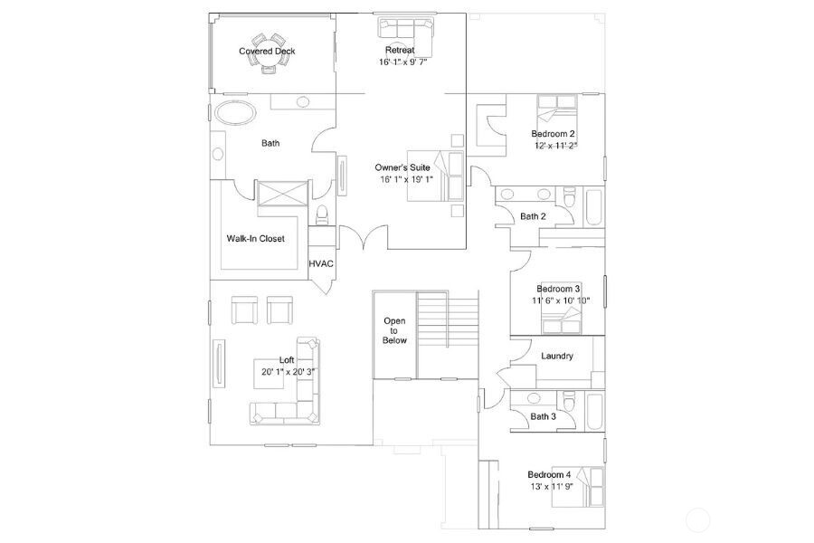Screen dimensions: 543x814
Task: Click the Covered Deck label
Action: click(x=267, y=52)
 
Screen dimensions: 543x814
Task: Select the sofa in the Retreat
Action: click(x=405, y=29)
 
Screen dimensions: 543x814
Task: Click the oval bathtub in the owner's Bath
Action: click(x=233, y=112)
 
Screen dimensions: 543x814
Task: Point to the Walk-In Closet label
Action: click(x=255, y=239)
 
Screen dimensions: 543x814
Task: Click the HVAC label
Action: click(x=321, y=263)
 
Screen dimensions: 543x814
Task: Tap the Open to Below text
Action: click(x=394, y=330)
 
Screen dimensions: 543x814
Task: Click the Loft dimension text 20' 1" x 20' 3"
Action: click(x=288, y=371)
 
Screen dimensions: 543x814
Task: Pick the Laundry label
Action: click(x=556, y=356)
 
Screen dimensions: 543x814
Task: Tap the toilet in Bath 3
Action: click(x=568, y=401)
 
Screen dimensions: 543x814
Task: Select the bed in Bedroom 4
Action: click(x=592, y=488)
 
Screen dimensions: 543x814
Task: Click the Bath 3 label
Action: click(x=543, y=416)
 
